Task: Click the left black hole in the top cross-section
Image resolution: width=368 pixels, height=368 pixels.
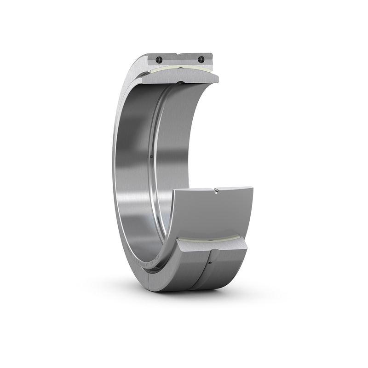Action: (x=159, y=60)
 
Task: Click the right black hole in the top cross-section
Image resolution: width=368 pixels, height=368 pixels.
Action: (x=201, y=59)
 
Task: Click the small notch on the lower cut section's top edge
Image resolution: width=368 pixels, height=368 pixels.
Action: (x=215, y=189)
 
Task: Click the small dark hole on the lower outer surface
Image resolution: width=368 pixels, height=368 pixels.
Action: (x=210, y=263)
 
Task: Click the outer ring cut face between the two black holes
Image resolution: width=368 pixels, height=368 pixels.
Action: (x=179, y=60)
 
